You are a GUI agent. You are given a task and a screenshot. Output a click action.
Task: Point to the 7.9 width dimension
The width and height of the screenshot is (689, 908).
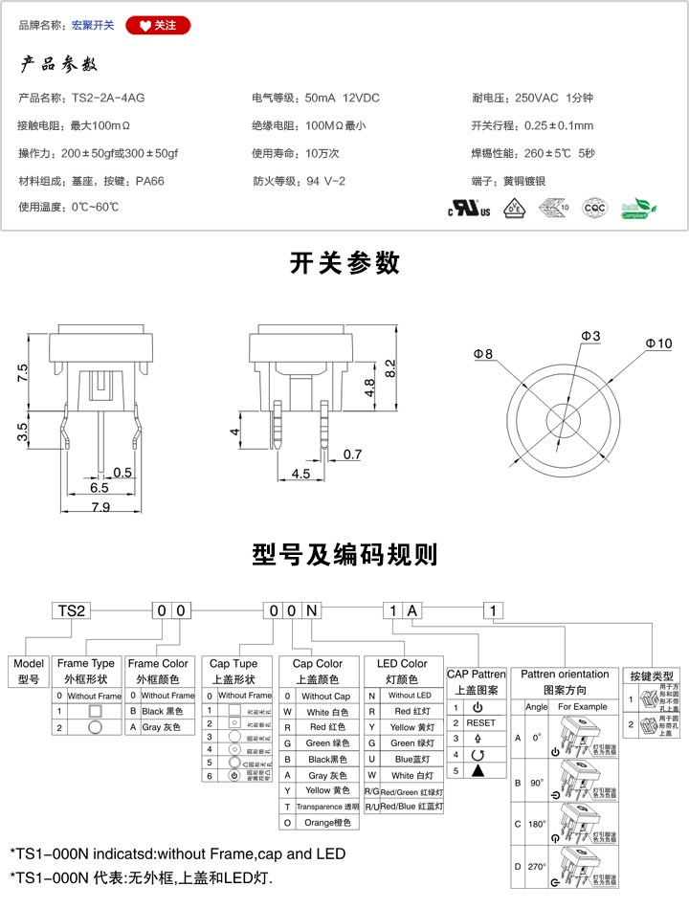(x=100, y=508)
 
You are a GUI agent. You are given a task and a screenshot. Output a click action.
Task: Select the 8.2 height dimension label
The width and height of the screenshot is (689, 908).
(x=389, y=367)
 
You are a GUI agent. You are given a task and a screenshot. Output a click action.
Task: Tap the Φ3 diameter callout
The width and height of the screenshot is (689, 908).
(x=590, y=336)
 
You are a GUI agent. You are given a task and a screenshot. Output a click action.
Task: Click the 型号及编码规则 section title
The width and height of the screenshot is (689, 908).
(x=344, y=554)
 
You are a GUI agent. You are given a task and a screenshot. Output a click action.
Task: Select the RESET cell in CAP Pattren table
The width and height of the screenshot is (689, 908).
(x=481, y=722)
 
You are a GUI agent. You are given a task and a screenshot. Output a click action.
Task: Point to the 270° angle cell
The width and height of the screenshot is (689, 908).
(x=536, y=867)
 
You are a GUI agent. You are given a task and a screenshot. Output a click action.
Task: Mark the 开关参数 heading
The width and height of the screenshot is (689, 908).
(x=344, y=263)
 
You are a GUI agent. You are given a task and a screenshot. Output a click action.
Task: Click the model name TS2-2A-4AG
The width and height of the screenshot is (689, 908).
(x=108, y=98)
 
